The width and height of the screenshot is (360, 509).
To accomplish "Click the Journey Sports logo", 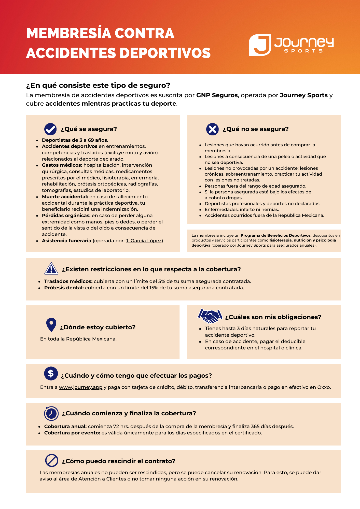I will point(291,45).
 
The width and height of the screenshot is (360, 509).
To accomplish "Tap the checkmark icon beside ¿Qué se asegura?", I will point(50,129).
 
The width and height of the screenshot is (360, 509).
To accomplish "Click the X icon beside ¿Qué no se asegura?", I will point(212,129).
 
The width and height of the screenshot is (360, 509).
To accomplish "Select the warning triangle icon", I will point(51,269).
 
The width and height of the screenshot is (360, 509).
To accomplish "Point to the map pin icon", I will point(51,325).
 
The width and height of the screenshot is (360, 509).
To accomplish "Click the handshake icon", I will point(210,316).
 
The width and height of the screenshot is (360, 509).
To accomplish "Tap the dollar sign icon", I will point(51,373).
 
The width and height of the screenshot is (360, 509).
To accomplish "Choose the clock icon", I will point(51,413).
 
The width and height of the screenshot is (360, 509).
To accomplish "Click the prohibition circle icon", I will point(52,460).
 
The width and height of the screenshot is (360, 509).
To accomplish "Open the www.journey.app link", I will point(80,387).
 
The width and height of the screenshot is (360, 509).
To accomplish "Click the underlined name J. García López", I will point(144,241).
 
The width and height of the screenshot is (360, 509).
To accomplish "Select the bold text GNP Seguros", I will point(217,95).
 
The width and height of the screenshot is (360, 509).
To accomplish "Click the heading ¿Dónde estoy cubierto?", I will point(98,327).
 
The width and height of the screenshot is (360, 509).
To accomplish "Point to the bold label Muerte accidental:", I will point(65,197).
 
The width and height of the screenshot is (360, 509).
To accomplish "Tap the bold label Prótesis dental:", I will point(64,288).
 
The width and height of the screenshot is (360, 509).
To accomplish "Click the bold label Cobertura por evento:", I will point(72,433).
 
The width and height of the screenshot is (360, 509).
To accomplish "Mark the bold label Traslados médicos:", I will point(68,281).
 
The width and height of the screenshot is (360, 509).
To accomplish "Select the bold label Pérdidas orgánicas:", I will point(66,216).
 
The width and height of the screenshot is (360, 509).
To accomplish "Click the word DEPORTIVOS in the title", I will point(165,53).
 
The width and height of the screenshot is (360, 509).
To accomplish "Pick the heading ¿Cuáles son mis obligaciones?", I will point(273,317).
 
